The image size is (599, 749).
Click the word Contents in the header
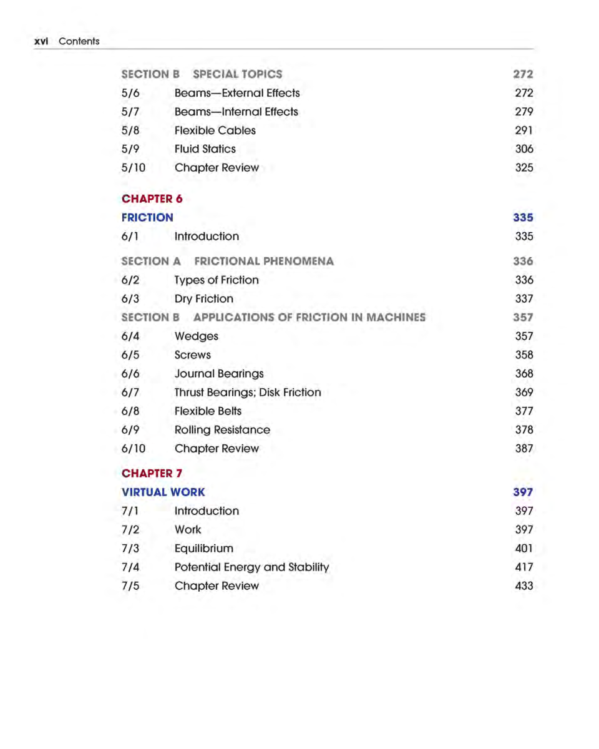[79, 41]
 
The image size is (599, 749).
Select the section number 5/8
[132, 130]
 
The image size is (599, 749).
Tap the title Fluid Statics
[205, 149]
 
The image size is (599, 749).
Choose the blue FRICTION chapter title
[148, 218]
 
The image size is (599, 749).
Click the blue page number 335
[524, 218]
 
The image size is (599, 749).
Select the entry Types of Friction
[217, 280]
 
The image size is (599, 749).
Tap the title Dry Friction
[204, 299]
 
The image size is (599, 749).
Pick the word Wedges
[197, 336]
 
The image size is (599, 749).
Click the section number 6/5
[132, 355]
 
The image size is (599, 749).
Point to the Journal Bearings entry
[219, 374]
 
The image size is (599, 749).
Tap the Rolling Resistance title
[223, 430]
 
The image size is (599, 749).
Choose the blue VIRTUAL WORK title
[163, 492]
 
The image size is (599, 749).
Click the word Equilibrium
[204, 549]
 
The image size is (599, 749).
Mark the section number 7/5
[132, 586]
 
